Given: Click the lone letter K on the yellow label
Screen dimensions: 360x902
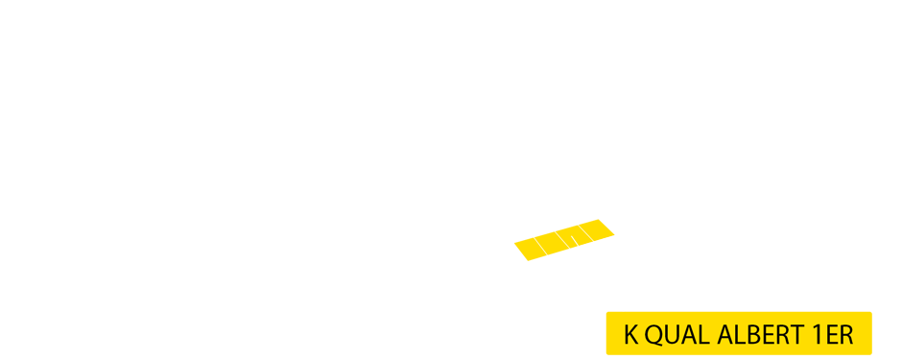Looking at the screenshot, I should (630, 335).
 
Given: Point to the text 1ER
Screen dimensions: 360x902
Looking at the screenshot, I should (832, 335).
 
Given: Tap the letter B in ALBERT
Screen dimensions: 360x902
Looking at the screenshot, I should (750, 335).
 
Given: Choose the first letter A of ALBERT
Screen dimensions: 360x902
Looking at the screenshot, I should (724, 335).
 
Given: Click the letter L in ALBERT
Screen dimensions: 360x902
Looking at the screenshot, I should (738, 335).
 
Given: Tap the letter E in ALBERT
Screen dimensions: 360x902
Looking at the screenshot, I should (765, 335).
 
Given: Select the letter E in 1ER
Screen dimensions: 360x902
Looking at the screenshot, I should (829, 335).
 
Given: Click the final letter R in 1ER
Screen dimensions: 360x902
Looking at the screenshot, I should (844, 335).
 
